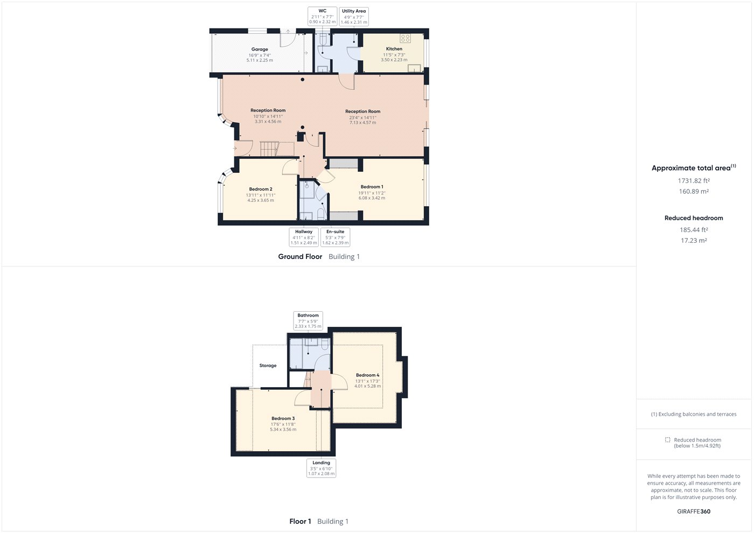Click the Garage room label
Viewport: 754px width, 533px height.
coord(260,49)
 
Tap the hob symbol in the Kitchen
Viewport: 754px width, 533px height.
coord(405,38)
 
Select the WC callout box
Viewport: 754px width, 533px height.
coord(323,16)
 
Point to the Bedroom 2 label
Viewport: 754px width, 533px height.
coord(261,189)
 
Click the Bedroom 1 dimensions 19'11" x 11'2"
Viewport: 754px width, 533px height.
coord(372,193)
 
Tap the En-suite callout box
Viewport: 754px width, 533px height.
coord(335,237)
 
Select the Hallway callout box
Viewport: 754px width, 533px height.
coord(304,237)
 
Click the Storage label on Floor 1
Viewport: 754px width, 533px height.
coord(268,366)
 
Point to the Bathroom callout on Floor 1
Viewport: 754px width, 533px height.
coord(308,321)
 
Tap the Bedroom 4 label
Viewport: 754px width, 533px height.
coord(367,375)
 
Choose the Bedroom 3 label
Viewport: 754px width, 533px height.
coord(283,418)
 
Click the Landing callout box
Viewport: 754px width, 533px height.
coord(321,468)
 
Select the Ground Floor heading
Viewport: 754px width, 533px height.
coord(300,256)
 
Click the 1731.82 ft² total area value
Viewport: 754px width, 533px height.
coord(694,181)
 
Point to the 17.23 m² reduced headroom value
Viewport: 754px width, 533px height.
coord(694,240)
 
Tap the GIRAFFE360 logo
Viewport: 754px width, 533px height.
coord(694,511)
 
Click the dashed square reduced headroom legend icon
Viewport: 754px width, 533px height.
coord(667,440)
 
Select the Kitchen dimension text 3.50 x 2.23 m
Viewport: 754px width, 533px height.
coord(394,60)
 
